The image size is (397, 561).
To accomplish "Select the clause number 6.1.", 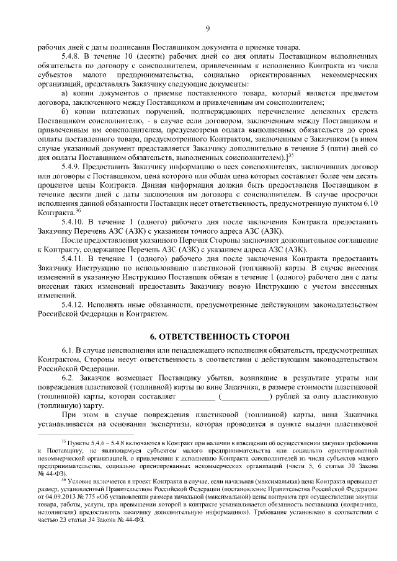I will (x=68, y=351).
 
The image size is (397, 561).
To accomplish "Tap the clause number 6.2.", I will (x=68, y=378).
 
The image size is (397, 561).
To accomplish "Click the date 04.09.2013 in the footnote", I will (x=65, y=497).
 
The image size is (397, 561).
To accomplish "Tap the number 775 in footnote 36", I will (x=92, y=497).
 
